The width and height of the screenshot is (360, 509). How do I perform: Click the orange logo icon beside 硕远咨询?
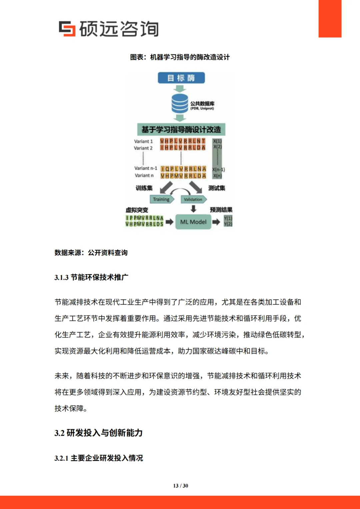pyautogui.click(x=67, y=28)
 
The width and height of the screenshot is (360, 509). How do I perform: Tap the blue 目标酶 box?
pyautogui.click(x=181, y=78)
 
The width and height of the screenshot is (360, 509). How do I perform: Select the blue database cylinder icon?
pyautogui.click(x=180, y=104)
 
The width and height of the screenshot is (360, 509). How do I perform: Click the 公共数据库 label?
pyautogui.click(x=202, y=104)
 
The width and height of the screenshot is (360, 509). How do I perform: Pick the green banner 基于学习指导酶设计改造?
pyautogui.click(x=181, y=129)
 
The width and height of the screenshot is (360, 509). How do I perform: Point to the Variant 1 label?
pyautogui.click(x=143, y=141)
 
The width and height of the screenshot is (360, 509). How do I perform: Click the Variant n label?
pyautogui.click(x=144, y=176)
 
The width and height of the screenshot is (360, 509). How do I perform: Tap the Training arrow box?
pyautogui.click(x=161, y=199)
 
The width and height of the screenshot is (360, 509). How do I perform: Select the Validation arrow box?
pyautogui.click(x=193, y=199)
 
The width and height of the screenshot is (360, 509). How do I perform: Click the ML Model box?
pyautogui.click(x=193, y=222)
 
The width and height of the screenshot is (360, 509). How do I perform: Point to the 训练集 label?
pyautogui.click(x=144, y=188)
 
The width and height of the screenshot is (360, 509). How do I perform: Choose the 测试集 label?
pyautogui.click(x=217, y=188)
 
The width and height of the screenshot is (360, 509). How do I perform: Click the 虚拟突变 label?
pyautogui.click(x=137, y=210)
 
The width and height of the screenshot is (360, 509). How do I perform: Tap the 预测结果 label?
pyautogui.click(x=221, y=210)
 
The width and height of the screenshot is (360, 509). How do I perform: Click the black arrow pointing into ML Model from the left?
pyautogui.click(x=170, y=222)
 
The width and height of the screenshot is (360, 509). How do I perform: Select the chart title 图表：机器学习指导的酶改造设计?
pyautogui.click(x=180, y=57)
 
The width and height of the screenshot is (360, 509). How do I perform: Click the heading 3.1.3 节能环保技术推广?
pyautogui.click(x=91, y=277)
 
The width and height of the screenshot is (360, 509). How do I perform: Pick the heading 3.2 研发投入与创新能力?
pyautogui.click(x=98, y=433)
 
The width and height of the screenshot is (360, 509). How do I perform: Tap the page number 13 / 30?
pyautogui.click(x=180, y=486)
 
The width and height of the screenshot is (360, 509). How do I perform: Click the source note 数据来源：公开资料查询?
pyautogui.click(x=91, y=253)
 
